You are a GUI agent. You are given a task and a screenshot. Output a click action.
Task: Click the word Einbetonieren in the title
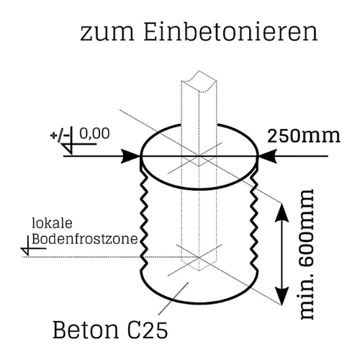tap(230, 32)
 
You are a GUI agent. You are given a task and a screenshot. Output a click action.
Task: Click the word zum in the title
tap(107, 34)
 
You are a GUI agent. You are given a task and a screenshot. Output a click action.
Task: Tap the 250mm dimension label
tap(304, 136)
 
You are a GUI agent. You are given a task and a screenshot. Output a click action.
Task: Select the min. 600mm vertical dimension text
tap(307, 254)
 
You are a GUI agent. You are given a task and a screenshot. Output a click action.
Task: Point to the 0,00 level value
tap(94, 134)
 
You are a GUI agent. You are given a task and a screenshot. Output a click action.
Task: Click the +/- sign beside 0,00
tap(60, 135)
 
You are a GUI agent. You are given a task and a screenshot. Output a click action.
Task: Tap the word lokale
tap(52, 223)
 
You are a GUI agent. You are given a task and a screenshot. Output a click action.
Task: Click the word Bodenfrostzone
tap(85, 239)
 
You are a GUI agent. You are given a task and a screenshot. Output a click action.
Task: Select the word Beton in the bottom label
tap(86, 330)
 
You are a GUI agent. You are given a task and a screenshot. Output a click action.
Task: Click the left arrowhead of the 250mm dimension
tap(130, 156)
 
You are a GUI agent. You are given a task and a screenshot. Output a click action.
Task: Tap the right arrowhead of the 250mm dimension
tap(267, 156)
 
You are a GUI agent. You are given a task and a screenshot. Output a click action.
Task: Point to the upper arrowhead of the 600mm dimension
tap(282, 212)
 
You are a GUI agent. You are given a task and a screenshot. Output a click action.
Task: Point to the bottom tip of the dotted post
tap(199, 271)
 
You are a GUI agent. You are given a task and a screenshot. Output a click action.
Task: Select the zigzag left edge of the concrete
tap(143, 221)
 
